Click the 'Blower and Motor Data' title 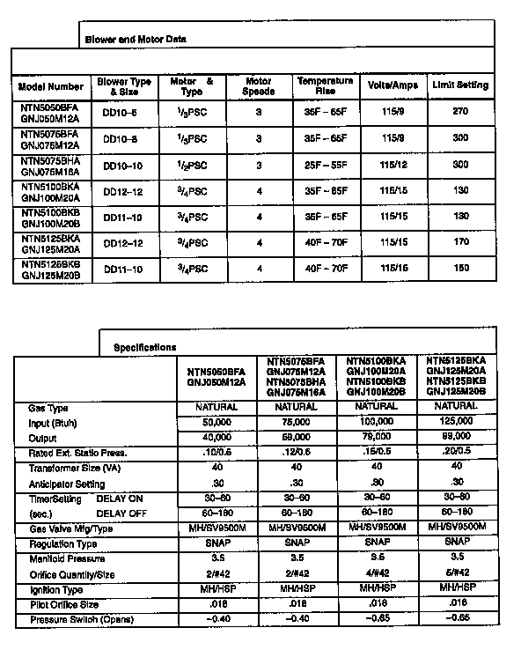(135, 40)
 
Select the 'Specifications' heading (145, 347)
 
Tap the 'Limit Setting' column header (459, 85)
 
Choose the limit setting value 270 (459, 113)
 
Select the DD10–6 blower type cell (121, 113)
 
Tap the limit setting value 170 (459, 243)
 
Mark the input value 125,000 (456, 423)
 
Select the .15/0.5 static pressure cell (376, 453)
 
